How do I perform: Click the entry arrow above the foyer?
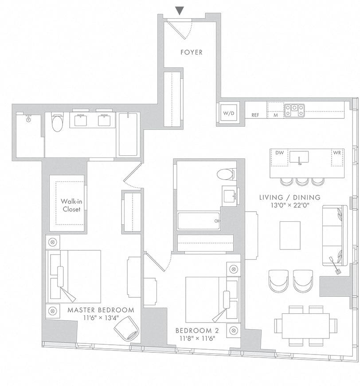click(180, 11)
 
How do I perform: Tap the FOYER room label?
click(192, 52)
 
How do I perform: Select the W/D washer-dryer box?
click(229, 113)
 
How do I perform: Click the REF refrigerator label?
click(255, 115)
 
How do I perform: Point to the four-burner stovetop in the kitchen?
click(294, 110)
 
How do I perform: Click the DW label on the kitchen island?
click(280, 153)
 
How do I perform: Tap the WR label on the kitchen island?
click(337, 153)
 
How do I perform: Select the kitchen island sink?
click(299, 158)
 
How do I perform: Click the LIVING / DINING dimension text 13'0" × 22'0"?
click(290, 205)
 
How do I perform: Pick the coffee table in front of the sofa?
click(290, 235)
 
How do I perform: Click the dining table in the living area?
click(305, 326)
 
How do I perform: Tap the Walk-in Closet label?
click(71, 205)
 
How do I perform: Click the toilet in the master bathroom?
click(57, 122)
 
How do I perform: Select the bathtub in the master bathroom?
click(128, 134)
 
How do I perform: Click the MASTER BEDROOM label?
click(101, 310)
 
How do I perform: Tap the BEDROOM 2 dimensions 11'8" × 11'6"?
click(197, 339)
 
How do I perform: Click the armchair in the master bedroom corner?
click(126, 328)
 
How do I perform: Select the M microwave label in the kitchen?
click(276, 115)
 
